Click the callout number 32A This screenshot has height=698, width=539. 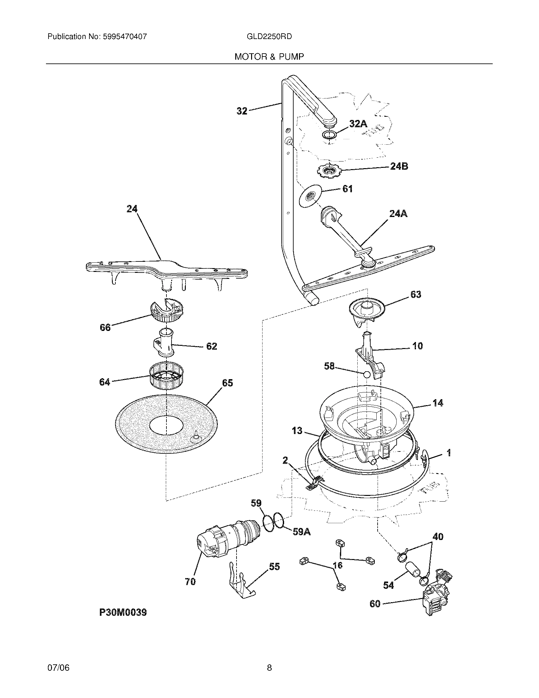point(358,124)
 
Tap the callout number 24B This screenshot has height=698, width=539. point(399,166)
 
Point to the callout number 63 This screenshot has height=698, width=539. point(415,294)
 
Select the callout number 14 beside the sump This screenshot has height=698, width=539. point(438,403)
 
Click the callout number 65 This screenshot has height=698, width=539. point(227,383)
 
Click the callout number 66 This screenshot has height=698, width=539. point(105,327)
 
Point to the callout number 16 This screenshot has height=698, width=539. point(338,565)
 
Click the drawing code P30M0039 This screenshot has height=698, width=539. point(123,612)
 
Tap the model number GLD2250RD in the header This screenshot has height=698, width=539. point(269,36)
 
